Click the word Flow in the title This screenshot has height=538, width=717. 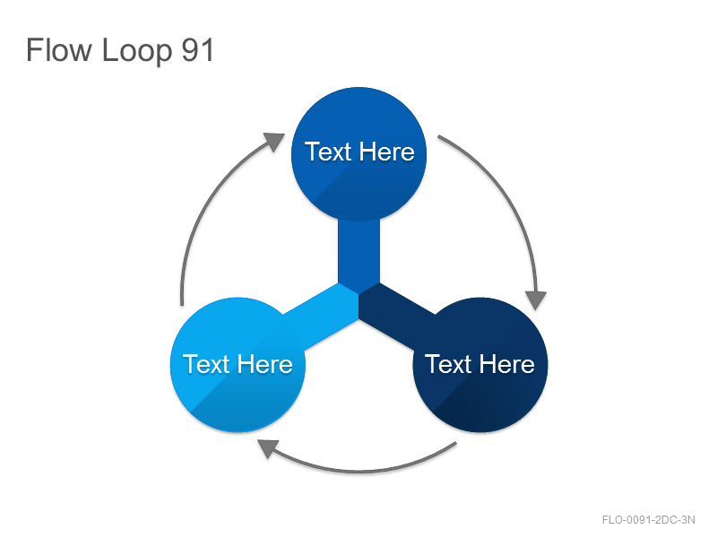pos(58,49)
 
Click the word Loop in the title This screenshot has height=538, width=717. pos(137,51)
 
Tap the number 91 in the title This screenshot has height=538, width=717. pos(197,49)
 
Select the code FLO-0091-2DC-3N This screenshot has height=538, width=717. pos(648,520)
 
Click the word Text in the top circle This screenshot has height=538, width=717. pos(328,152)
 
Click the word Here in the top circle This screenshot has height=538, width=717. pos(387,152)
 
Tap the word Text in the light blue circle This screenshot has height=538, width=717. pos(206,364)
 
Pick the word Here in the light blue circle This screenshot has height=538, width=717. pos(265,364)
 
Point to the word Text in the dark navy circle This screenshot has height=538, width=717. pos(448,364)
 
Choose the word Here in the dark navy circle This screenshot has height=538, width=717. pos(507,364)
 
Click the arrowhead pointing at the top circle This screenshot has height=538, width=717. pos(275,141)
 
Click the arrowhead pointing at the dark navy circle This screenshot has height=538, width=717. pos(536,300)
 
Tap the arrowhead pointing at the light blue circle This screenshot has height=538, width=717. pos(268,447)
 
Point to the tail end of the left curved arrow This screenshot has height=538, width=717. pos(182,305)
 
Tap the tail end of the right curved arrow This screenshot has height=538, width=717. pos(438,136)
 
